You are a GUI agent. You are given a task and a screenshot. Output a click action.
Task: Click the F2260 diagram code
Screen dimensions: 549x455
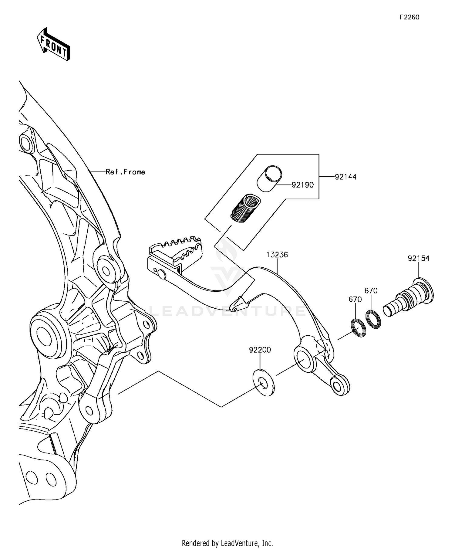409,17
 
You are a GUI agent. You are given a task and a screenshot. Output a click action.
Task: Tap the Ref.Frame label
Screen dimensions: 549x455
125,172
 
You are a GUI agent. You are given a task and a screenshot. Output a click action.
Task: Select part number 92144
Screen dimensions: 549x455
345,177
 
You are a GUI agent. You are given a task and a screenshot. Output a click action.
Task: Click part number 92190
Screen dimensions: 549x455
302,185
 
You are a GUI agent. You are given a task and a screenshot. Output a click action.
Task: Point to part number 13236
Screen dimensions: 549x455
277,255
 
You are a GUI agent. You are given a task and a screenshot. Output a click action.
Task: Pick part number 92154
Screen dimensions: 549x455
419,258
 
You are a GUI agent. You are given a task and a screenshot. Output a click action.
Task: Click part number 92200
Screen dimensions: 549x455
260,350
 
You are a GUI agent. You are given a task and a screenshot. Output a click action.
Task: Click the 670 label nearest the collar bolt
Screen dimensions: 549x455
371,291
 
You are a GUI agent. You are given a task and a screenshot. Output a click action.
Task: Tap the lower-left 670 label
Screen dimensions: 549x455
355,300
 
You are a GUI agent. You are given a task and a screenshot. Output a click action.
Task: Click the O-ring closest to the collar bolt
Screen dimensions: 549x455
373,319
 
